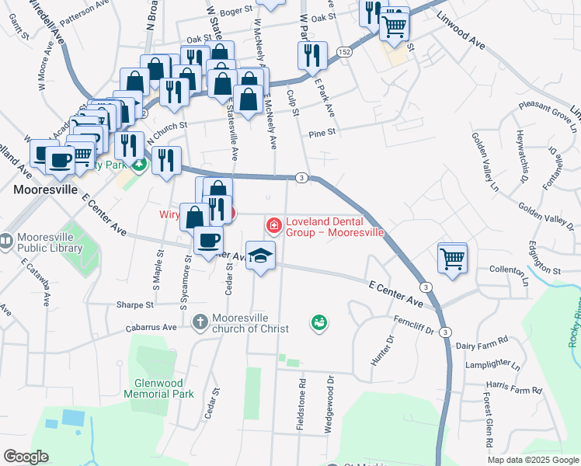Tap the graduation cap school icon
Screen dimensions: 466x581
click(x=261, y=255)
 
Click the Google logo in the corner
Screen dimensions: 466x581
click(x=26, y=457)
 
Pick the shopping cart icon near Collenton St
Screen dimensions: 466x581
click(x=452, y=257)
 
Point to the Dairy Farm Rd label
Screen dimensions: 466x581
click(x=482, y=340)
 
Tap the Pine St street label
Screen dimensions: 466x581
click(x=322, y=133)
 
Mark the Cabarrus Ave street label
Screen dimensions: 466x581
click(x=152, y=328)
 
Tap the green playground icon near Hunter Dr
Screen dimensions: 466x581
click(x=318, y=322)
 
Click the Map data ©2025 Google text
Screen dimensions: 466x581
click(x=532, y=460)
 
